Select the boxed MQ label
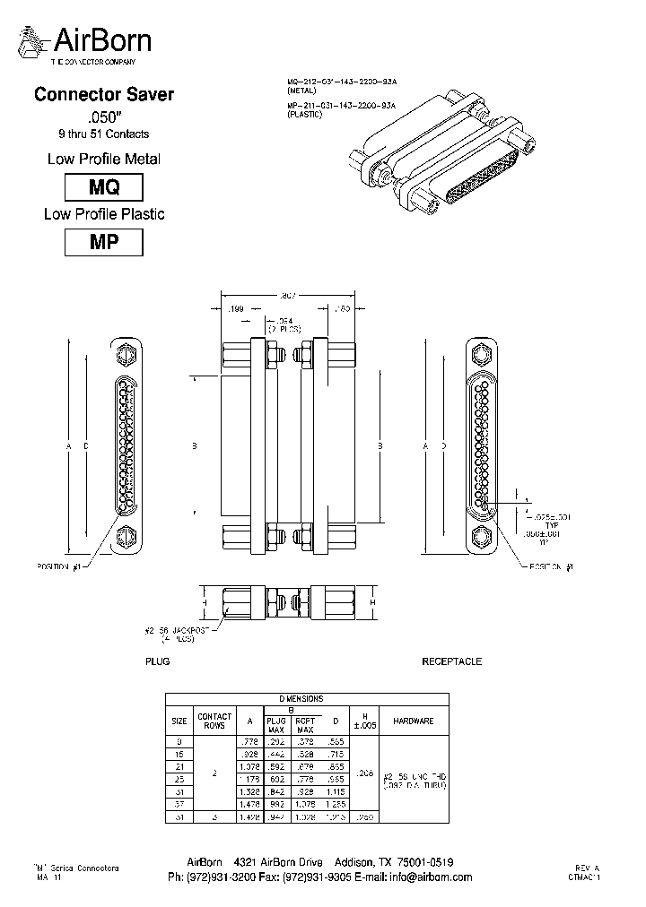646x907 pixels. [104, 187]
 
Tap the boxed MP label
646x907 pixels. [104, 242]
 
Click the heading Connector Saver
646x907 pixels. [103, 94]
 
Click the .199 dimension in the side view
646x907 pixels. [237, 309]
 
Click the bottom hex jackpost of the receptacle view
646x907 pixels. [482, 539]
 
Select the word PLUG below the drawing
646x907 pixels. [158, 661]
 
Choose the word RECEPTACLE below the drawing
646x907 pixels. [451, 661]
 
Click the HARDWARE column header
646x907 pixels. [413, 721]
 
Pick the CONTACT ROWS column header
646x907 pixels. [214, 721]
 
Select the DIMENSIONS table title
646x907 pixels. [305, 698]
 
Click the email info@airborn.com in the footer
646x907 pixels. [430, 877]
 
